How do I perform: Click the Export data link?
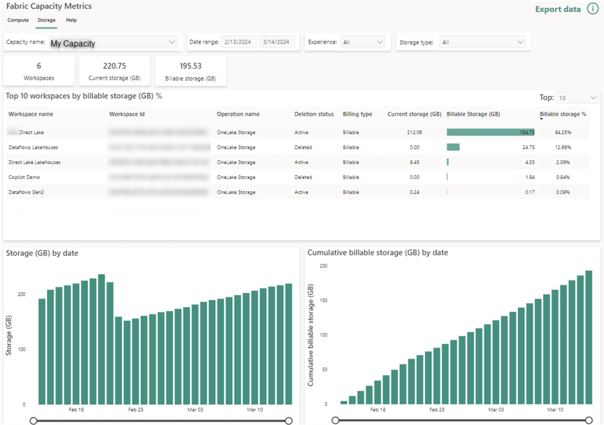(558, 9)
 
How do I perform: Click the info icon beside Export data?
(593, 9)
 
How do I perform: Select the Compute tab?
(18, 20)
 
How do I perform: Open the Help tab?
(71, 20)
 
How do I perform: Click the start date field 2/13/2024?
(238, 42)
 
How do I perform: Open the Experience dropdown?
(362, 42)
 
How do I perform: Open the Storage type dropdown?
(481, 42)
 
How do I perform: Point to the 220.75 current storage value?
(114, 66)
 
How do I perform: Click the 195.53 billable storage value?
(190, 66)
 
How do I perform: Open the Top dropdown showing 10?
(577, 98)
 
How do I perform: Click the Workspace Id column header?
(127, 114)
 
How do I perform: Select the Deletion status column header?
(313, 114)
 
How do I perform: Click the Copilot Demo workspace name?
(26, 177)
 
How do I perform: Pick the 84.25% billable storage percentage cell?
(562, 133)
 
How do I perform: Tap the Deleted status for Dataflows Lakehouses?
(303, 147)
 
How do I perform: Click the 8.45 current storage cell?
(415, 162)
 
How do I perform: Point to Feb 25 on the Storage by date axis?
(136, 409)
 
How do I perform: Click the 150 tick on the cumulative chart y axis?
(323, 300)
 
